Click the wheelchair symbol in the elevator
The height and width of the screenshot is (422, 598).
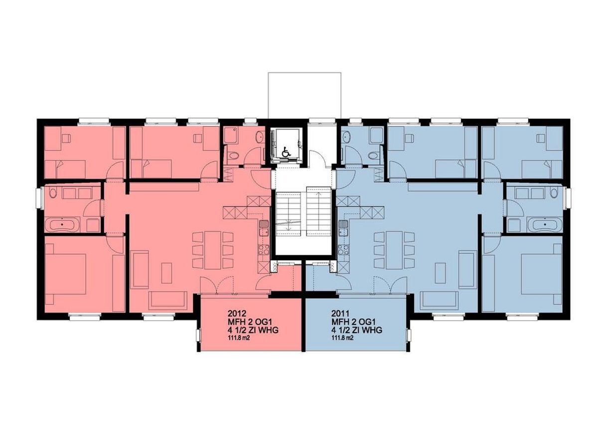pyautogui.click(x=286, y=152)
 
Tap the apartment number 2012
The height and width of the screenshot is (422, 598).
pyautogui.click(x=236, y=313)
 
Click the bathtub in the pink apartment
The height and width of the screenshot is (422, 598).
pyautogui.click(x=62, y=225)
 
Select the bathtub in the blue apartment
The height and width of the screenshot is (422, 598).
pyautogui.click(x=545, y=225)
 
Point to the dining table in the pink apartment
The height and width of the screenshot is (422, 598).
pyautogui.click(x=213, y=250)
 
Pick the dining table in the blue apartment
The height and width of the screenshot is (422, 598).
pyautogui.click(x=394, y=250)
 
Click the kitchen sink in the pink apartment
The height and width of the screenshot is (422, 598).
pyautogui.click(x=264, y=228)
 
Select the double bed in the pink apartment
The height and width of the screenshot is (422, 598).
pyautogui.click(x=66, y=274)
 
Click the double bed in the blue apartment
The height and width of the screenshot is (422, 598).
pyautogui.click(x=541, y=274)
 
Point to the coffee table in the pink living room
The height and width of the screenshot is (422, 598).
pyautogui.click(x=166, y=273)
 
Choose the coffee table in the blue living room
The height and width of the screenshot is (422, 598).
pyautogui.click(x=440, y=273)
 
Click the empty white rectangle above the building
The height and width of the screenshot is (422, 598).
pyautogui.click(x=304, y=95)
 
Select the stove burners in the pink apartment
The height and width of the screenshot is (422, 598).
pyautogui.click(x=264, y=249)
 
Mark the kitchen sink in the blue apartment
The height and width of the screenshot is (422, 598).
pyautogui.click(x=343, y=228)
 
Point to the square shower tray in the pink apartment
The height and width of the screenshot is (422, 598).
pyautogui.click(x=231, y=135)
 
